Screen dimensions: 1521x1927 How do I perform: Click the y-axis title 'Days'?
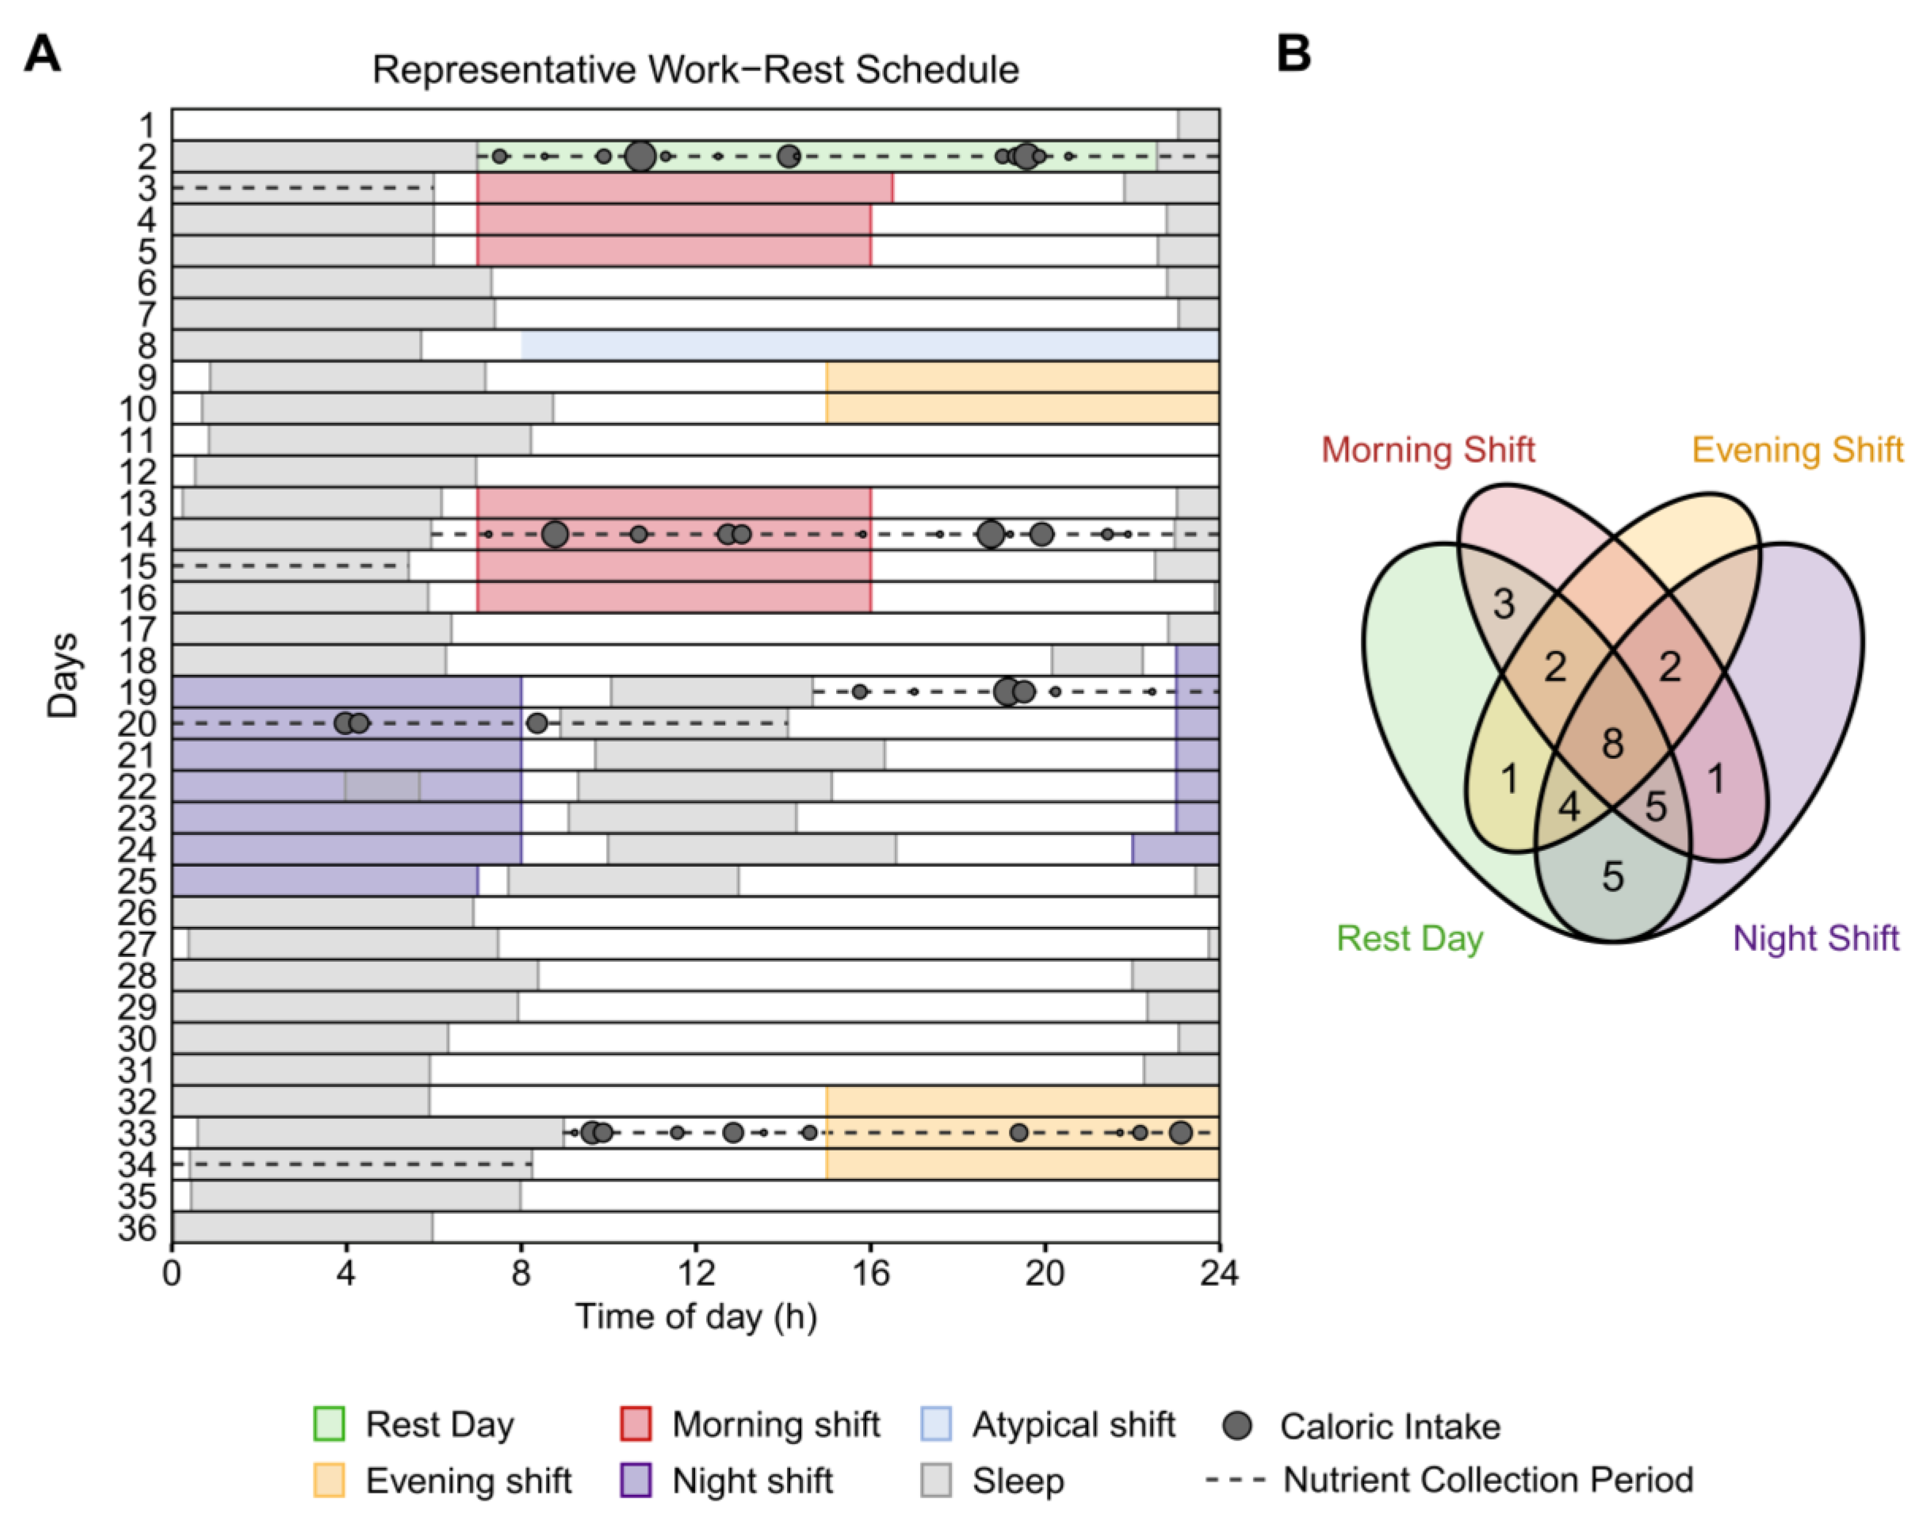point(62,675)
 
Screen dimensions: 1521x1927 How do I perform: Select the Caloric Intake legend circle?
point(1238,1425)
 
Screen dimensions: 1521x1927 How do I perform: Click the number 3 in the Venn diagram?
point(1504,604)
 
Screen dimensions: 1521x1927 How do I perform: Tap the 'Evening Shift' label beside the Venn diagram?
point(1797,450)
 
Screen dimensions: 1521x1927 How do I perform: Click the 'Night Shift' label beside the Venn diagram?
point(1816,938)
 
